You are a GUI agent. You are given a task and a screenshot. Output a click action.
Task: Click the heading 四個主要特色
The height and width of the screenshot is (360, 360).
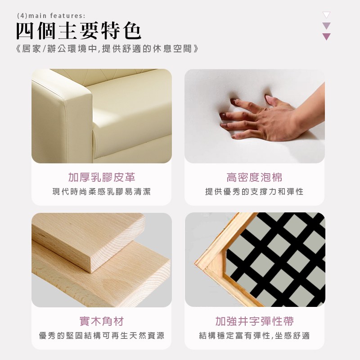point(78,31)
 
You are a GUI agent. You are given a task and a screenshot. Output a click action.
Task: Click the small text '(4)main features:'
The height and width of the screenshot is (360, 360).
point(51,16)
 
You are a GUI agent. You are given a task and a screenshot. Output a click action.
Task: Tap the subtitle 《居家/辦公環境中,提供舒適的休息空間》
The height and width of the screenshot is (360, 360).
point(108,49)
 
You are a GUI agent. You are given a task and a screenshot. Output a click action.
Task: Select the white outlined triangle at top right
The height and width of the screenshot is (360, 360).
point(326,14)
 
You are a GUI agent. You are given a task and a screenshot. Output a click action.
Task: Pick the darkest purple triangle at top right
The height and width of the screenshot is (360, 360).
point(326,36)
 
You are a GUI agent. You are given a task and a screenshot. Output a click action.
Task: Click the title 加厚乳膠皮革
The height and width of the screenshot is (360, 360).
point(102,177)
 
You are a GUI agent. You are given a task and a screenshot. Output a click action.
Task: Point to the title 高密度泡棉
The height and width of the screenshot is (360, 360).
point(254,177)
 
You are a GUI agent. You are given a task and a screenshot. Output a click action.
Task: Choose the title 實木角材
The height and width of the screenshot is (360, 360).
point(102,321)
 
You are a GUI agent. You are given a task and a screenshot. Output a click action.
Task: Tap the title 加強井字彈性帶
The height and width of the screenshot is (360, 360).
point(254,321)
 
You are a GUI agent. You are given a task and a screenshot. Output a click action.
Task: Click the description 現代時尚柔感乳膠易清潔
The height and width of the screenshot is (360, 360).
point(102,192)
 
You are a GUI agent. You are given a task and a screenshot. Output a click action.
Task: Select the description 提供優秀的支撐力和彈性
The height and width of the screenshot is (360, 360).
point(254,192)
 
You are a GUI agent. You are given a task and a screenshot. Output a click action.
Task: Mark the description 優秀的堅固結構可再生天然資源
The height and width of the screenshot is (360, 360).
point(102,335)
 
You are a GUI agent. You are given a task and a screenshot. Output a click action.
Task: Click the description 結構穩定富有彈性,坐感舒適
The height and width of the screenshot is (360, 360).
point(254,335)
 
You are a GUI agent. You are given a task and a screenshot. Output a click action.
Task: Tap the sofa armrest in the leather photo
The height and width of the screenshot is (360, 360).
point(62,119)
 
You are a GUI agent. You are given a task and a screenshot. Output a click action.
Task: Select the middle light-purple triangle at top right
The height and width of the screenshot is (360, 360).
point(326,25)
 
